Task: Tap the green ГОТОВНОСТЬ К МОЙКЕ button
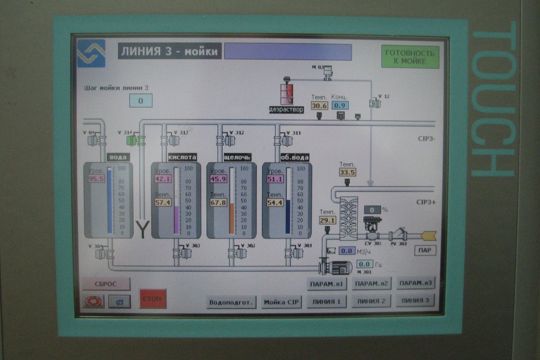(x=410, y=57)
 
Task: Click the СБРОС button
(x=106, y=283)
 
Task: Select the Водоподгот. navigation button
(x=232, y=302)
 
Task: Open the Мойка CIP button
(x=282, y=302)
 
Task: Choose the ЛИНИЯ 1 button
(x=326, y=301)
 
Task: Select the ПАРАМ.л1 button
(x=327, y=283)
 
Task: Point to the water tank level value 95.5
(x=97, y=178)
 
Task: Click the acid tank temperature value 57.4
(x=163, y=202)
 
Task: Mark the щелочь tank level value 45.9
(x=218, y=179)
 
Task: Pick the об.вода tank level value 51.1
(x=274, y=179)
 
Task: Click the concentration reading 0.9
(x=340, y=105)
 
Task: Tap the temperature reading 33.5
(x=347, y=172)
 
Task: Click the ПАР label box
(x=425, y=250)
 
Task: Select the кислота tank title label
(x=182, y=157)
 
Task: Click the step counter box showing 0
(x=141, y=101)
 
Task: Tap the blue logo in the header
(x=92, y=53)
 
